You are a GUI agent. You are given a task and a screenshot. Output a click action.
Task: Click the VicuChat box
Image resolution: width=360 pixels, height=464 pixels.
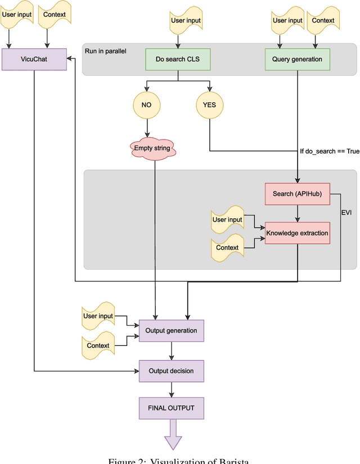[34, 59]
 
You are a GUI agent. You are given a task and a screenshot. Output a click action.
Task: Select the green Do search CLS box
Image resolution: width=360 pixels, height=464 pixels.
[178, 59]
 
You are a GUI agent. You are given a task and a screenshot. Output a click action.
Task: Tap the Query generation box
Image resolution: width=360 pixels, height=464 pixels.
[297, 59]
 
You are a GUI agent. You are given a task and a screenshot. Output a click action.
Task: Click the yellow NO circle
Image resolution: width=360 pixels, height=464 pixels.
[147, 105]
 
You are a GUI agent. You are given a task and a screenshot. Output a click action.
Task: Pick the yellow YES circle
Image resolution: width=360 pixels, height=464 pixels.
[209, 105]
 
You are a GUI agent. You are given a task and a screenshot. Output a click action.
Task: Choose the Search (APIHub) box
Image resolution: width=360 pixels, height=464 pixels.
[297, 194]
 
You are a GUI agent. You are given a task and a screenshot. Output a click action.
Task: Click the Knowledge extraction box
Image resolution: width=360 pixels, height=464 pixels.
[297, 233]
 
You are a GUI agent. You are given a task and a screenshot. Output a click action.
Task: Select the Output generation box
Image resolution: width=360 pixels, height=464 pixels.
[171, 331]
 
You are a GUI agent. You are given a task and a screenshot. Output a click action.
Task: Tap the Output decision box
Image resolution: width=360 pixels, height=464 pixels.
[171, 371]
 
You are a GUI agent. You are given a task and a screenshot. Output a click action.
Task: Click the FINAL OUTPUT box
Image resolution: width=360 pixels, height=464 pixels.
[171, 408]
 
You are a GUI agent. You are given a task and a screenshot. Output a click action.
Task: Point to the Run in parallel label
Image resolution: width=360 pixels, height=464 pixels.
[106, 51]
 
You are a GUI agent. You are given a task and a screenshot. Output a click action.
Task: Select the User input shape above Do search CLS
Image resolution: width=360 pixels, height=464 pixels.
[185, 21]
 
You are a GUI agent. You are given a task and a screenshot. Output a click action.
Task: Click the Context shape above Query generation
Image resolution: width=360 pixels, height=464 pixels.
[323, 21]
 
